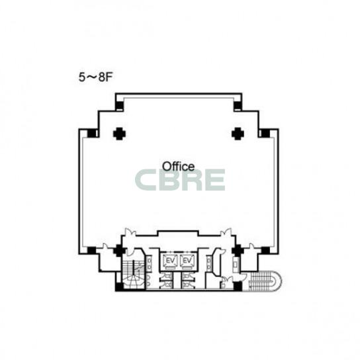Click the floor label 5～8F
pos(95,77)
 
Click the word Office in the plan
pos(178,166)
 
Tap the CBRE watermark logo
pos(180,180)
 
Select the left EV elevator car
pos(170,261)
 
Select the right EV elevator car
pos(187,261)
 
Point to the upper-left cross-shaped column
pos(119,134)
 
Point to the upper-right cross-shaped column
pos(238,134)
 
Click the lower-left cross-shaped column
pos(119,250)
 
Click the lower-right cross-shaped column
pos(238,250)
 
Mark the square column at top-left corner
pos(119,106)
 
